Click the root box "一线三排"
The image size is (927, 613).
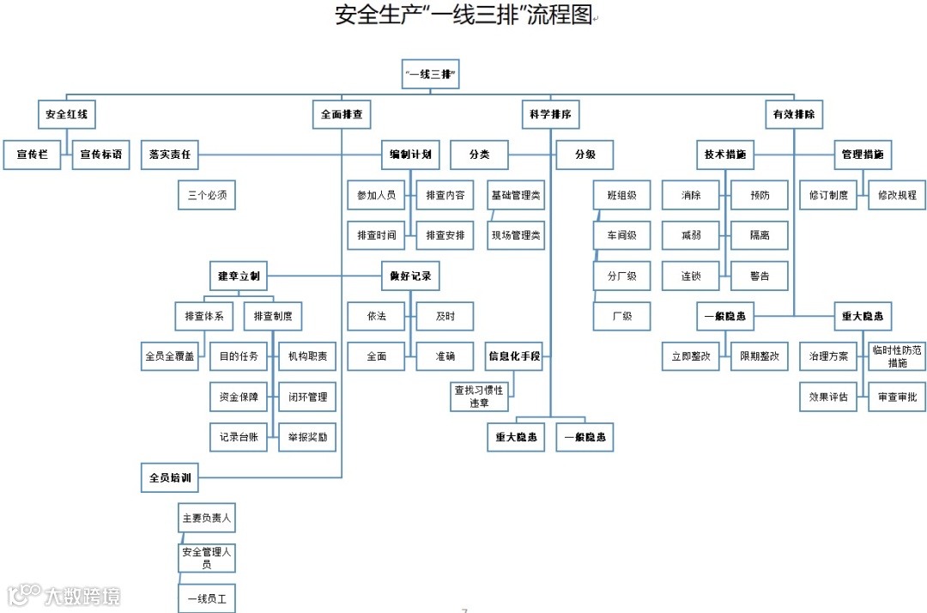pos(431,75)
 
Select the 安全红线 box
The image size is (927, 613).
pos(66,113)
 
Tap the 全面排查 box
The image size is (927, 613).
pos(342,113)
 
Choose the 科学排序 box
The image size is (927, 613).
pos(550,113)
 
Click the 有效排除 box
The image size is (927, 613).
pos(794,113)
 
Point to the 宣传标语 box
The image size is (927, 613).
pos(100,155)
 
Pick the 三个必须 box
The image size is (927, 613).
pos(206,195)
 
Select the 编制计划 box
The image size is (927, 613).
pos(410,155)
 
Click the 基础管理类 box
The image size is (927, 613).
pos(516,195)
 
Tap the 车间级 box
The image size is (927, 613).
pos(621,235)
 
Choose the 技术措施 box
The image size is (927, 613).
pos(724,155)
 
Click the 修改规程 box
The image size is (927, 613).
pos(897,195)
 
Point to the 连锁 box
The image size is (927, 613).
pos(691,276)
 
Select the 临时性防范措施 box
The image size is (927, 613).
pos(897,355)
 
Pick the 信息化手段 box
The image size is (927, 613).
pos(515,355)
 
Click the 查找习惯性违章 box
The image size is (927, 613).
pos(480,396)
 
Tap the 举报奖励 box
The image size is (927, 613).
pos(307,436)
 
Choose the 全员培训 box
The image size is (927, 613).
pos(170,476)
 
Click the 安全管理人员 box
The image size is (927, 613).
pos(206,558)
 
